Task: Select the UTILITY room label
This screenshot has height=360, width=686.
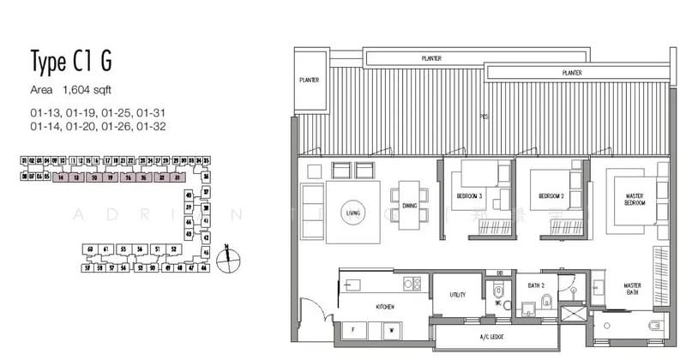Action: tap(457, 295)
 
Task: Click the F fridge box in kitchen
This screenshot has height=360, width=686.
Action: tap(353, 328)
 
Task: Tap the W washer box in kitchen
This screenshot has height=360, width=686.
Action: tap(390, 328)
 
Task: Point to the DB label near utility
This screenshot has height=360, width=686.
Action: tap(499, 274)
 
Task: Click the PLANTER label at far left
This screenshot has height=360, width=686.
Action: tap(310, 80)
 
